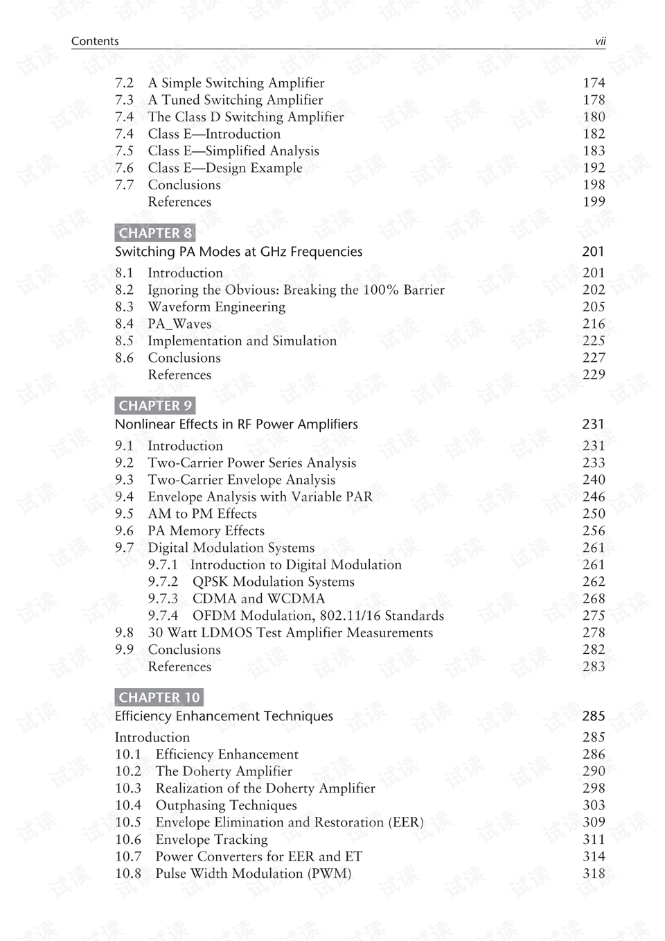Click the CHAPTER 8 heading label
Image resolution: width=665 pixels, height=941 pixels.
coord(155,233)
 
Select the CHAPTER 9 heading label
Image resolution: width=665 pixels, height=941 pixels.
coord(155,406)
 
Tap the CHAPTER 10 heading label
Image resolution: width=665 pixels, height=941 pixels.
coord(159,698)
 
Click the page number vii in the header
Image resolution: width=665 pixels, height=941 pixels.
coord(600,42)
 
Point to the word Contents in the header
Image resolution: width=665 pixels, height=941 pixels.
coord(95,42)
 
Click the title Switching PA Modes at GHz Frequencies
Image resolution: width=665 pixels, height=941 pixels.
coord(238,252)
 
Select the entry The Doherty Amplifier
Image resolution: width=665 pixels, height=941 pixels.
coord(224,771)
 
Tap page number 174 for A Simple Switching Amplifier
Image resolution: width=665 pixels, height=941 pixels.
coord(594,83)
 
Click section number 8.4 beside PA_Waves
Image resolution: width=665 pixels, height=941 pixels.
coord(125,324)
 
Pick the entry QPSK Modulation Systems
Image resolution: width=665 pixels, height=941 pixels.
coord(273,582)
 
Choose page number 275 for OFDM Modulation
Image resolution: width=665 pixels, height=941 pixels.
coord(594,616)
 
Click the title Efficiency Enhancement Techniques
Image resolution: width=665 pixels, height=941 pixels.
coord(224,716)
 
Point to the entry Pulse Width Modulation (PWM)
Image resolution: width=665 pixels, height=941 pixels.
coord(253,874)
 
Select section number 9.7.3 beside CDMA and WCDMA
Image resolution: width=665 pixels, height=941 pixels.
coord(163,598)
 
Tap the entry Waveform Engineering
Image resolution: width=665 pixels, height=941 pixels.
coord(216,307)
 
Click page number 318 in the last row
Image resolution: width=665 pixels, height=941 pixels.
coord(594,874)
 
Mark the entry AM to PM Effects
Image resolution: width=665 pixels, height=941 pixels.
coord(202,514)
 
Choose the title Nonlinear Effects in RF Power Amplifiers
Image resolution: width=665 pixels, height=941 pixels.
coord(236,424)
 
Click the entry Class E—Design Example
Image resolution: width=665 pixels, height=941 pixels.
coord(225,168)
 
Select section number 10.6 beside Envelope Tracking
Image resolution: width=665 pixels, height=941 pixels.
coord(128,840)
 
